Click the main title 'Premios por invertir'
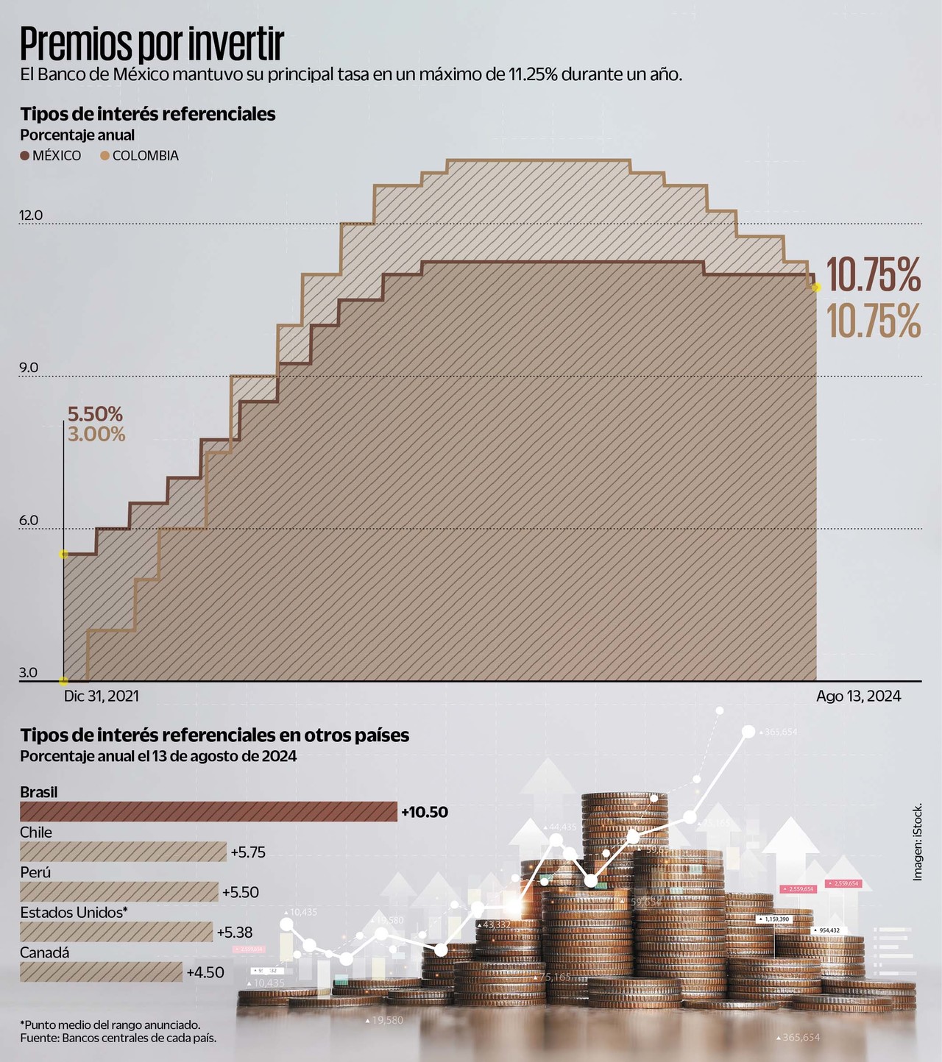(152, 44)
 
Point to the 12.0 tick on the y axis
(31, 215)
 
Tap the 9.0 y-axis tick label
(29, 368)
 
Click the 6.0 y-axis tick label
(29, 521)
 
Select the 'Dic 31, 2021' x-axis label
(101, 696)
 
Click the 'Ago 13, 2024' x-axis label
(858, 696)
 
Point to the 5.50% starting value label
(95, 414)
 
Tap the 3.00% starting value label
(96, 434)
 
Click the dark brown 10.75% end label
(874, 275)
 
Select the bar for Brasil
(208, 812)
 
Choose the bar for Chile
(123, 852)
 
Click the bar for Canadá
(101, 972)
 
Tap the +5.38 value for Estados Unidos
(235, 933)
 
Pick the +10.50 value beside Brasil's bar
(425, 812)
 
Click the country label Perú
(35, 872)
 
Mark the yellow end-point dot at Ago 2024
(815, 287)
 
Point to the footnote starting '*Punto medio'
(110, 1024)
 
